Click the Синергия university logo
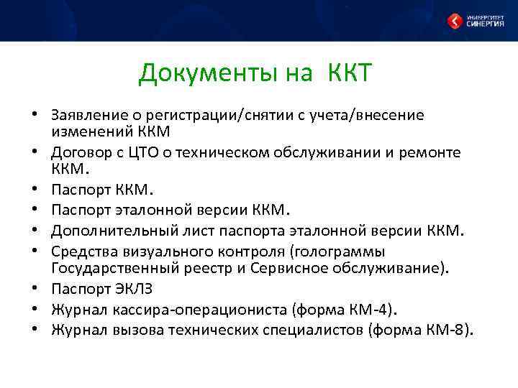point(474,20)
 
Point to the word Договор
point(78,153)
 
